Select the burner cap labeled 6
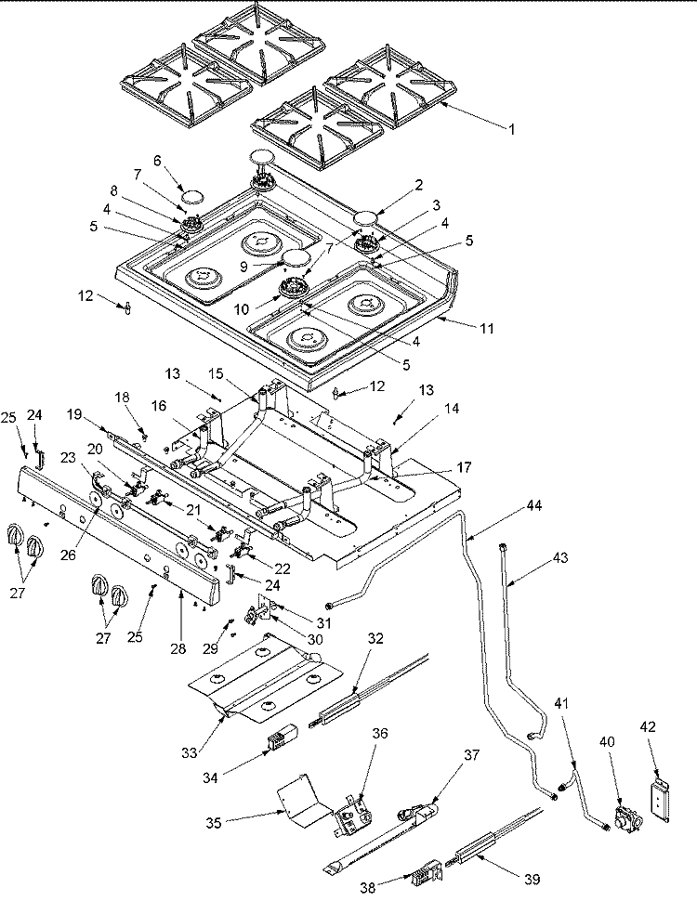pos(191,195)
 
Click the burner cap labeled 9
pos(296,255)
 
